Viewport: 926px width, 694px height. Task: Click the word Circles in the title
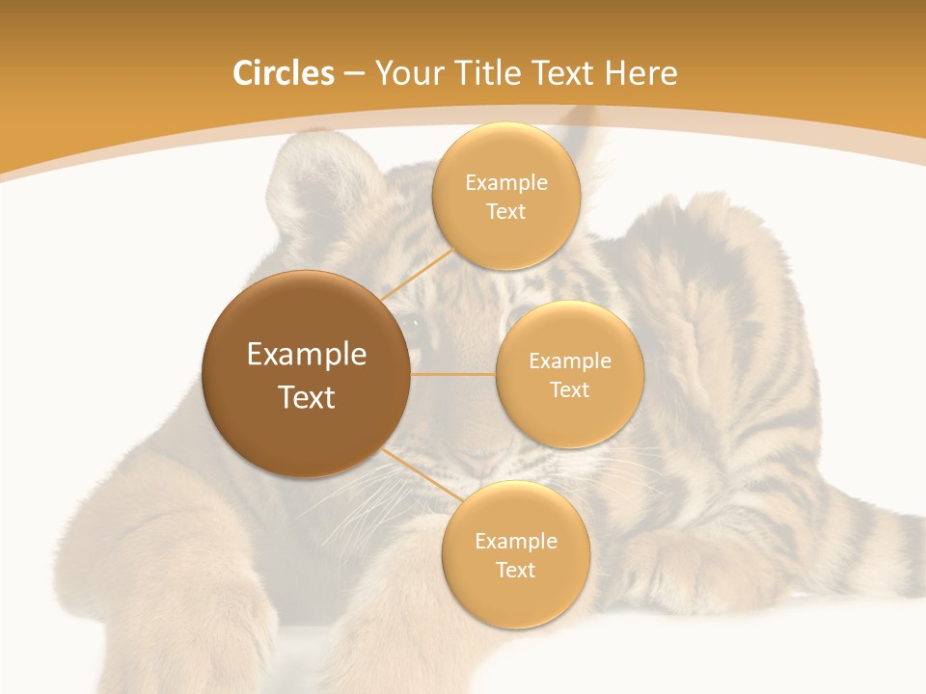pos(283,73)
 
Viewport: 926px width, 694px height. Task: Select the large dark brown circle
pos(306,374)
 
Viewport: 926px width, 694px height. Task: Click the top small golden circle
pos(505,197)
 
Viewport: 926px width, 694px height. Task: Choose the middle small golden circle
pos(569,374)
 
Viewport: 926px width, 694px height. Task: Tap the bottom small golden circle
pos(515,555)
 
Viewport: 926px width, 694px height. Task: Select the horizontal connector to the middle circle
pos(453,374)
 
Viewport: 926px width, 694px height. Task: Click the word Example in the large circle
pos(307,355)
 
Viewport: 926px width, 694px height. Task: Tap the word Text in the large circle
pos(307,397)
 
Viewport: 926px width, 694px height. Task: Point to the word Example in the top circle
pos(506,183)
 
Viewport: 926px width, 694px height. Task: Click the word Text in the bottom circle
pos(515,570)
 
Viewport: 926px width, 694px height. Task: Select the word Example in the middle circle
pos(570,361)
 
